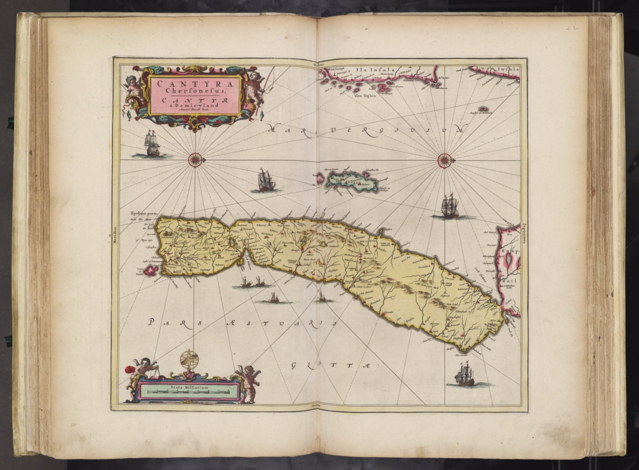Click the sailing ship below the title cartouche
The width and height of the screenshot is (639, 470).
(150, 144)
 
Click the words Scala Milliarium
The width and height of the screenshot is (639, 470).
(189, 387)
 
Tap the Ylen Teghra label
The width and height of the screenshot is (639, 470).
(365, 96)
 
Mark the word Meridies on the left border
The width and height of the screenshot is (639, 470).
(115, 237)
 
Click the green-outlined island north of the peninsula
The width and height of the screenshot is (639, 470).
(352, 182)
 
